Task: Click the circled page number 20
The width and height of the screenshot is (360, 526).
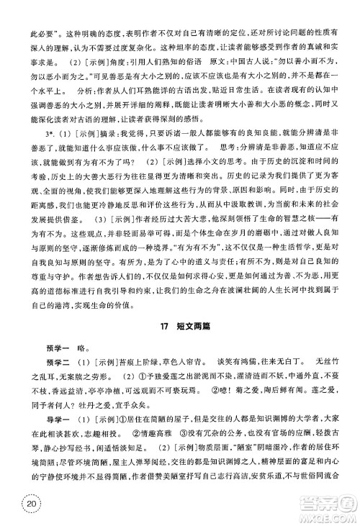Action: click(30, 504)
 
